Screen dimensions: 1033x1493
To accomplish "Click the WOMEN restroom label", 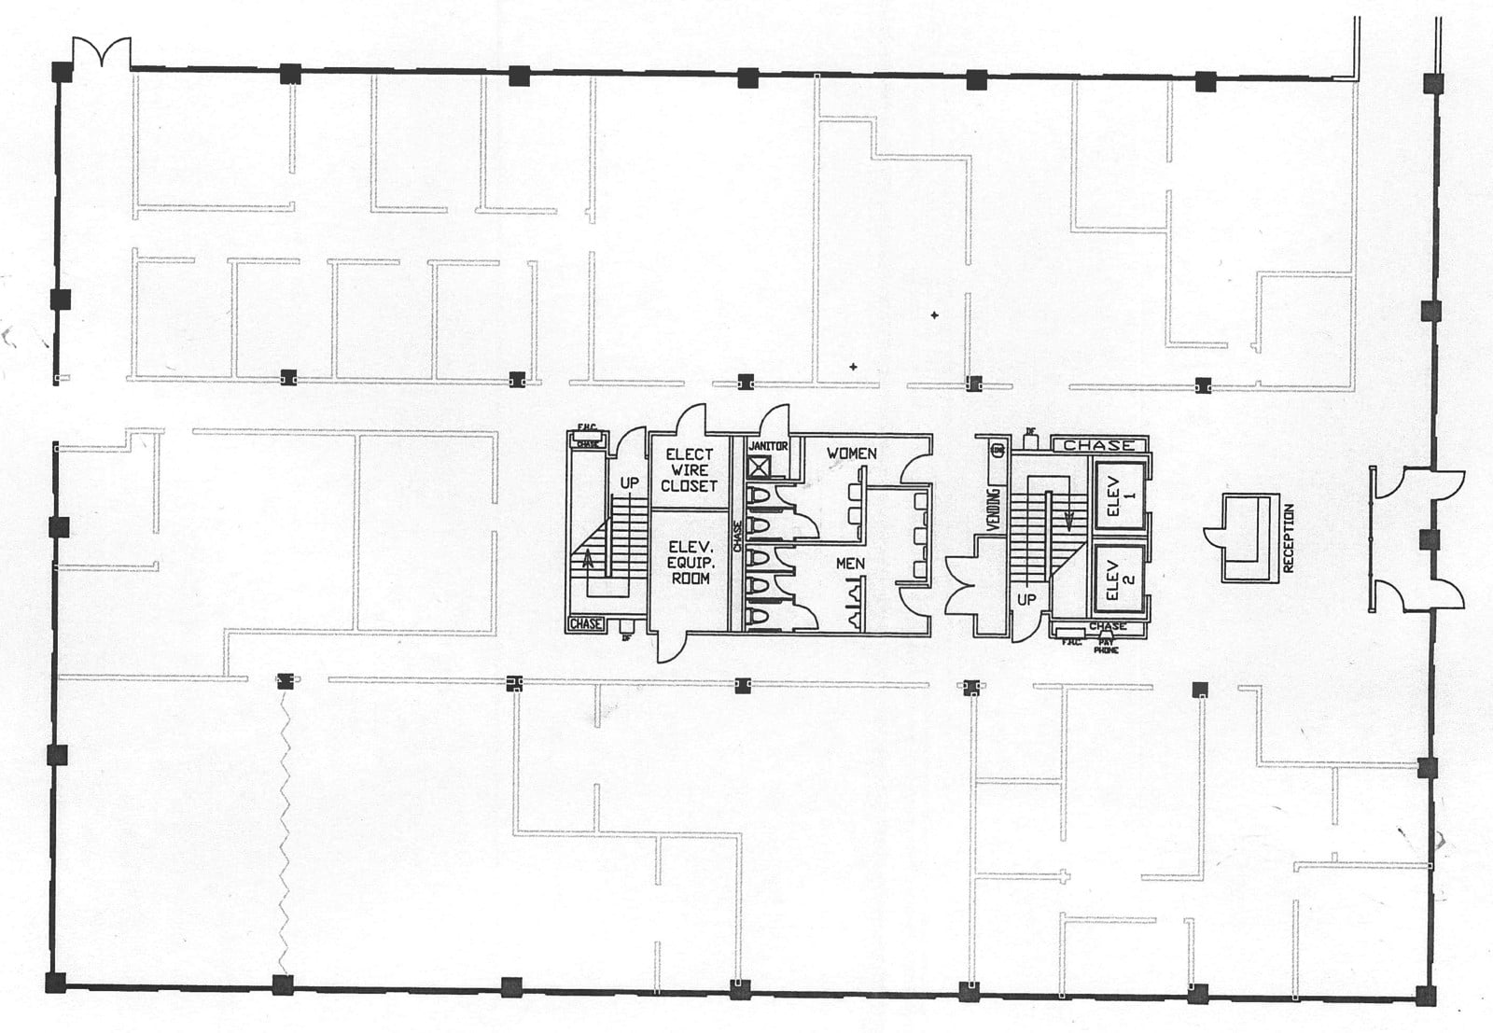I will [x=851, y=454].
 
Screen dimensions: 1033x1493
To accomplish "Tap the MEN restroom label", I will [x=849, y=564].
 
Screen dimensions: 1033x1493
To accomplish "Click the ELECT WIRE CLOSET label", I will [x=689, y=469].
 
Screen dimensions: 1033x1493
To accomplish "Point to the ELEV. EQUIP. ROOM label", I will [x=689, y=563].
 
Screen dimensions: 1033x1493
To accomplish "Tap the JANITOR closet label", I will [x=768, y=446].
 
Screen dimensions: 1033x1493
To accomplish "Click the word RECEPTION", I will [x=1289, y=538].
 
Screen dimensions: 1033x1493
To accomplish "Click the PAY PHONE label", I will [x=1106, y=646].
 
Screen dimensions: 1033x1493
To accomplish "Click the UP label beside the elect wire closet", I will [x=630, y=483].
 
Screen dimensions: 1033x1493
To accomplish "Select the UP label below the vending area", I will [x=1026, y=599].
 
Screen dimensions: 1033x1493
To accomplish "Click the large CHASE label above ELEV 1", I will [x=1099, y=445].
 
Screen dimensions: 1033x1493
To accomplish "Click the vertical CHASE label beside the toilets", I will [x=737, y=537].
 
